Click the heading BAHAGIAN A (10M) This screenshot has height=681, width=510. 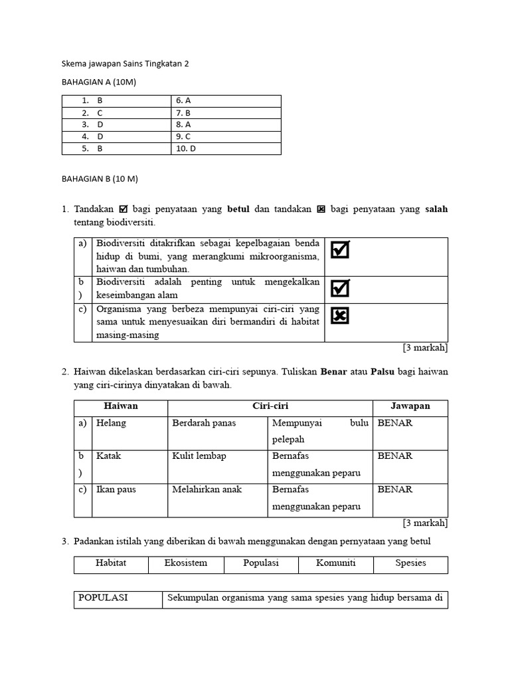(x=98, y=81)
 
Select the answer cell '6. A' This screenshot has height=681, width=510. (x=184, y=100)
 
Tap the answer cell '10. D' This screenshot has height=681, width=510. (x=186, y=148)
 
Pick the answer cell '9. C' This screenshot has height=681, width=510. (x=183, y=136)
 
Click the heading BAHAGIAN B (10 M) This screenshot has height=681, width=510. (x=100, y=179)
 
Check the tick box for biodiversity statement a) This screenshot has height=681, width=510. (x=340, y=249)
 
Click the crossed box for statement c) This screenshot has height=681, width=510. (x=340, y=315)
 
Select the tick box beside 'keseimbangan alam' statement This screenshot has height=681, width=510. (x=340, y=288)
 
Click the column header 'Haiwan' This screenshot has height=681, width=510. (x=121, y=406)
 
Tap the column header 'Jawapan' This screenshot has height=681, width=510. (x=410, y=406)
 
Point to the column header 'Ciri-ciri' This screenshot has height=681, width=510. (x=270, y=406)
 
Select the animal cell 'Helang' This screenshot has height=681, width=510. (x=111, y=423)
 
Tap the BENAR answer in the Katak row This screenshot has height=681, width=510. (x=395, y=456)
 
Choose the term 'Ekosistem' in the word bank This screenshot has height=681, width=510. (x=186, y=563)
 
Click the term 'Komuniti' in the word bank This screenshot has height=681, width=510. (x=335, y=563)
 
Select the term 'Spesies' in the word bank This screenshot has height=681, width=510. (x=410, y=563)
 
